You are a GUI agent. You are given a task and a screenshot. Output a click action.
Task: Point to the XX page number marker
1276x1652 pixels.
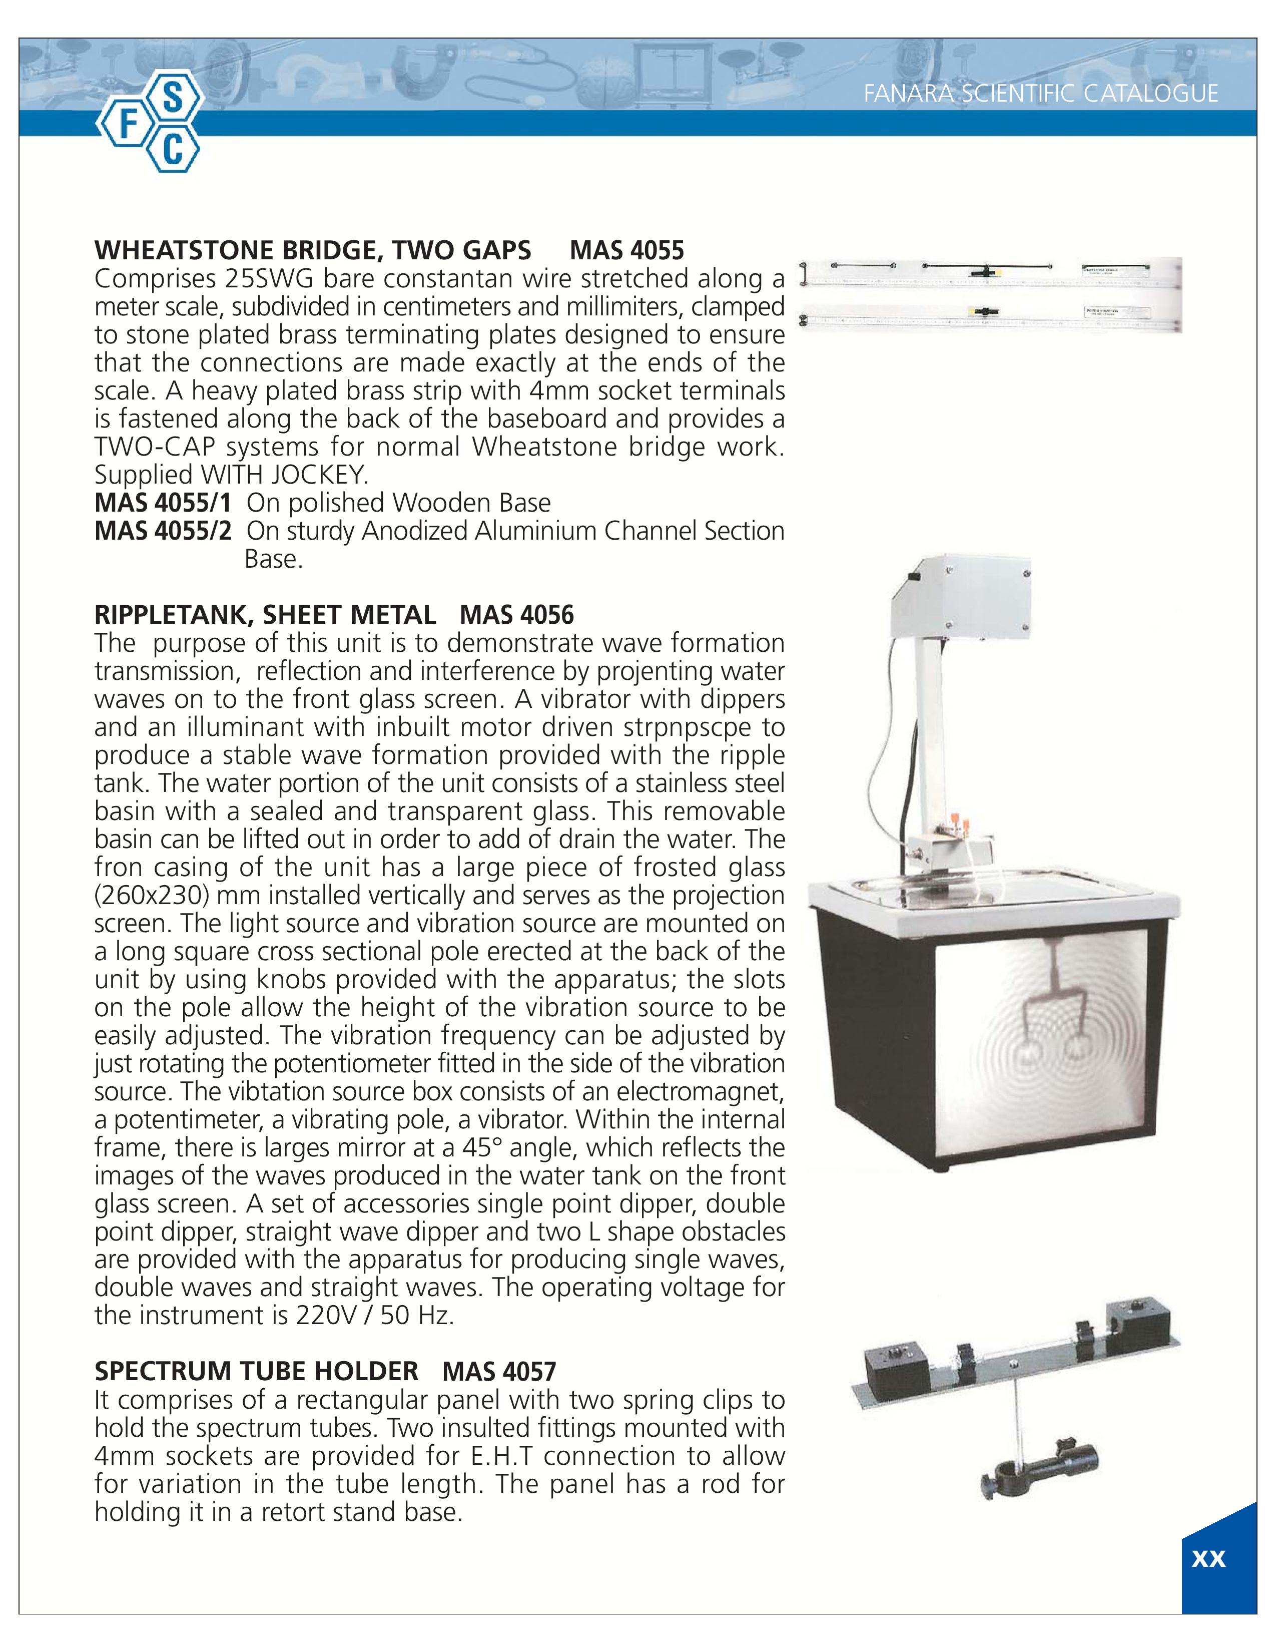(x=1208, y=1559)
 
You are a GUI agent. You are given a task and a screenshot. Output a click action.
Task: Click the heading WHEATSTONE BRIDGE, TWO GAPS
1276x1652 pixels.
(x=312, y=250)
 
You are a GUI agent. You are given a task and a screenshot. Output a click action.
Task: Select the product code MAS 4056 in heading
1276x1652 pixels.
(x=516, y=615)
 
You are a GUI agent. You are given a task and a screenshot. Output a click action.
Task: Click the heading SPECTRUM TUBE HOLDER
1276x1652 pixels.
(x=256, y=1371)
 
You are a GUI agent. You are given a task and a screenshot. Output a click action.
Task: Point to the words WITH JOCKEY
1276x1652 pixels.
(x=283, y=475)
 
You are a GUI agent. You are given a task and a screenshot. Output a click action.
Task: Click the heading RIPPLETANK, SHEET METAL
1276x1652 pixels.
(x=265, y=615)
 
